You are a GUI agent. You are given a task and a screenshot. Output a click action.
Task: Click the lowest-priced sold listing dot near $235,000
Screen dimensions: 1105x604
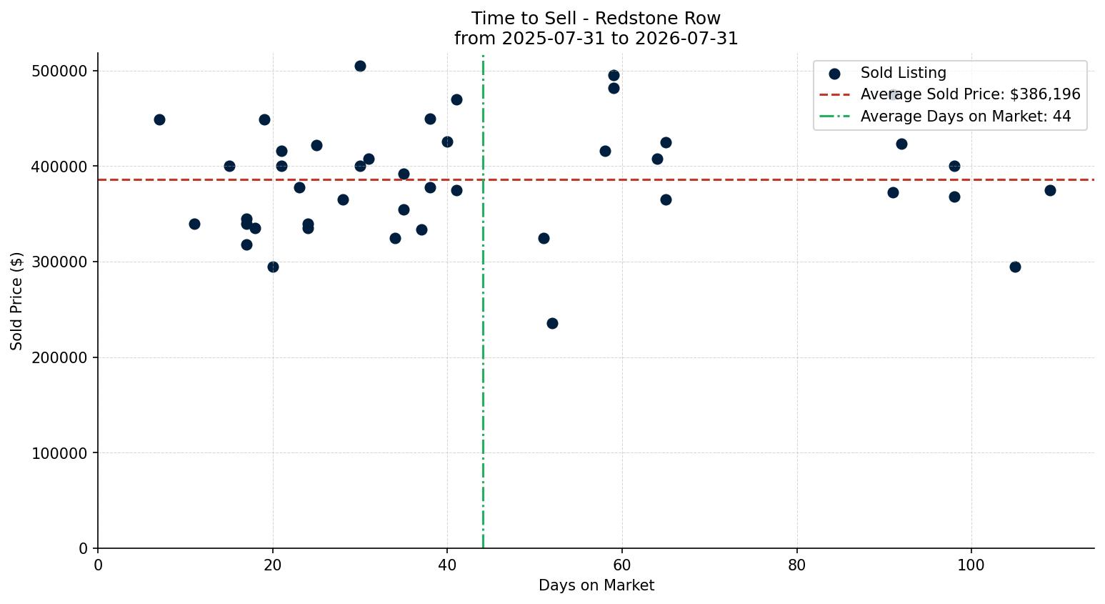(x=553, y=324)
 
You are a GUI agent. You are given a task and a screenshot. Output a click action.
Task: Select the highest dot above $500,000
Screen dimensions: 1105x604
(x=360, y=66)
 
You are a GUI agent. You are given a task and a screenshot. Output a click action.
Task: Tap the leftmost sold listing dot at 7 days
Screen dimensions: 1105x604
(x=159, y=120)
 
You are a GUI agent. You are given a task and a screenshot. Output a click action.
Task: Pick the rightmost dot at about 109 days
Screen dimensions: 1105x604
(x=1050, y=190)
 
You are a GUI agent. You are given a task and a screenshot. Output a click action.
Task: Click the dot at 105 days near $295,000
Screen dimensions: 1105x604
(x=1015, y=267)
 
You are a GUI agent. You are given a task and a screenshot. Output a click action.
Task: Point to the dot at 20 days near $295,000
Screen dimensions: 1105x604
(x=273, y=267)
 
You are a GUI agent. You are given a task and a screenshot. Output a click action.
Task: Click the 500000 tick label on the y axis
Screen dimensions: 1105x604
(x=59, y=71)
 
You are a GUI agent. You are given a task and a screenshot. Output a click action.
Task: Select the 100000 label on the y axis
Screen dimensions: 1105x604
(x=59, y=453)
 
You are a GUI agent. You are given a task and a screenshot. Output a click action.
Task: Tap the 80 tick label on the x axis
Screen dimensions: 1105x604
(x=796, y=565)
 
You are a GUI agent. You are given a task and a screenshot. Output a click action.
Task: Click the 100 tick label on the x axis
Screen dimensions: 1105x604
(x=971, y=565)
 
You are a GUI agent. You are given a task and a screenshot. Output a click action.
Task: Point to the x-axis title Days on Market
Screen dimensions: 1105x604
(x=596, y=585)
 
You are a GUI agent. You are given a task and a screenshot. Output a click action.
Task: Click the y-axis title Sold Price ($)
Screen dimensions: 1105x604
(x=16, y=301)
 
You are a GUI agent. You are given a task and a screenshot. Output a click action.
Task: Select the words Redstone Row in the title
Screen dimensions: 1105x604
(x=658, y=19)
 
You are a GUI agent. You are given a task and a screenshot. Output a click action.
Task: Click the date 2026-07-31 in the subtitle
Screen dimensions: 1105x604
(x=686, y=39)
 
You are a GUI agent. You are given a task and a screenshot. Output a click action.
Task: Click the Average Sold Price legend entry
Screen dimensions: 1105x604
(x=949, y=94)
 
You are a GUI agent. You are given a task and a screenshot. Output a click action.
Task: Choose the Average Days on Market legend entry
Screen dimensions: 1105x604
(x=945, y=117)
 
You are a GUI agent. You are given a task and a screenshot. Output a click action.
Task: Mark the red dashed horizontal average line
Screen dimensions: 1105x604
(x=596, y=179)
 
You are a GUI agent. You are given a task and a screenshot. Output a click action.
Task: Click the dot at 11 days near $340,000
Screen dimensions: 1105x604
(x=194, y=224)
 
